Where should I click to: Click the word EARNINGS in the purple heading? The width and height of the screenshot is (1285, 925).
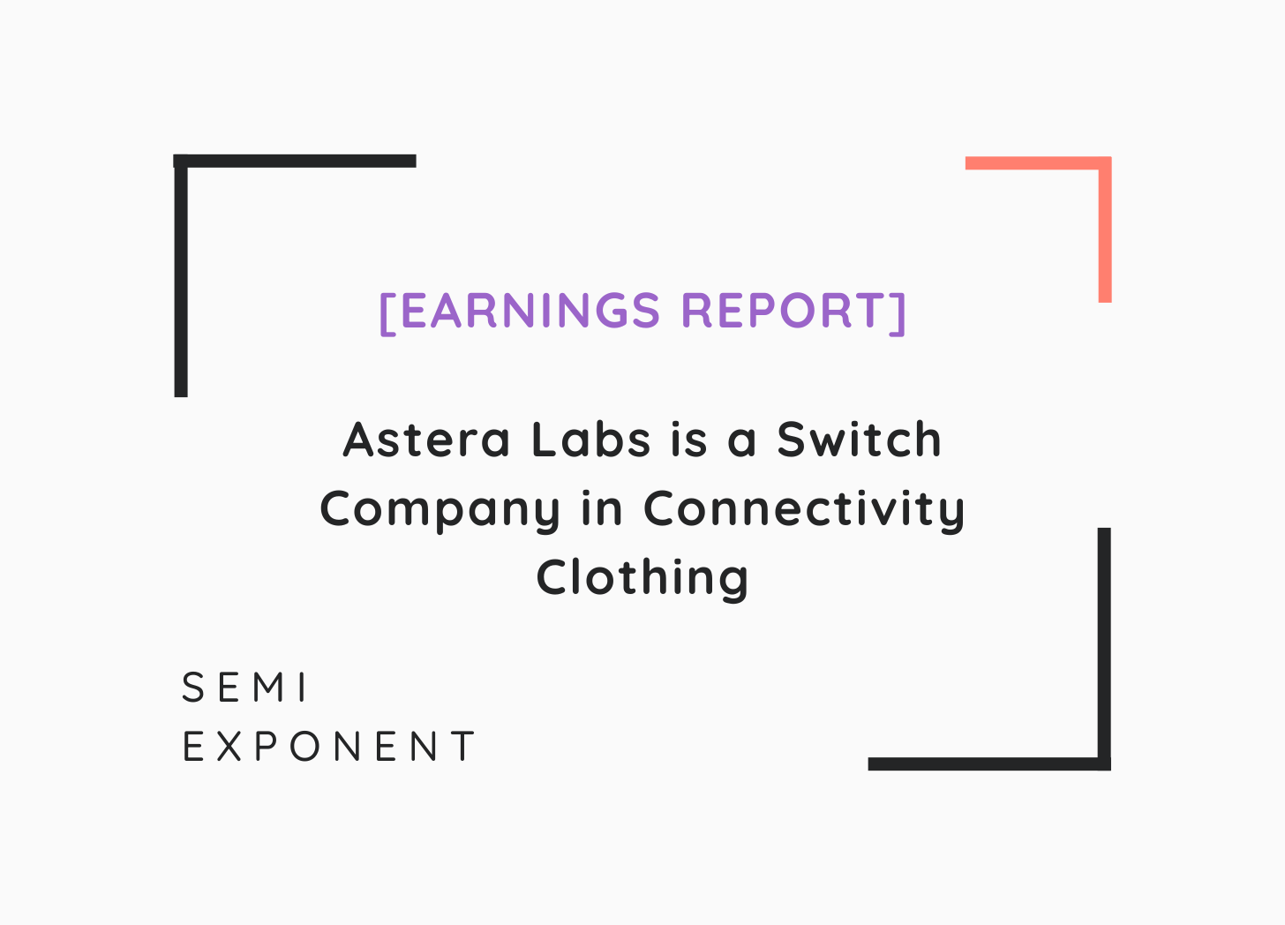point(531,311)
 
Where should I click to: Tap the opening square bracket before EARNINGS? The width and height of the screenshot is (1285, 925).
point(387,313)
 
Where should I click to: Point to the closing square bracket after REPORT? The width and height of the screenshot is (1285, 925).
point(898,313)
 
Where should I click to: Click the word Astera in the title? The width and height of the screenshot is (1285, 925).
point(426,440)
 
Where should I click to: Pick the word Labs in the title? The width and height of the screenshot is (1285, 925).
point(591,439)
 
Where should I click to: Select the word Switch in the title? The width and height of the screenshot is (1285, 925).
point(859,439)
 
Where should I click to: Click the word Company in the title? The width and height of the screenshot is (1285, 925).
point(440,511)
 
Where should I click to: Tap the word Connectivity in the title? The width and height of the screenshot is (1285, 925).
point(804,511)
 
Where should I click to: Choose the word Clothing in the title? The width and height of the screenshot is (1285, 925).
point(642,580)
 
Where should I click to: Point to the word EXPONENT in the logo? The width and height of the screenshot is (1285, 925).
point(328,746)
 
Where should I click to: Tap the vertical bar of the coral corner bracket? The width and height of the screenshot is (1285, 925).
point(1105,229)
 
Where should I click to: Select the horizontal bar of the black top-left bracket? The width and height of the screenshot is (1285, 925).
point(295,161)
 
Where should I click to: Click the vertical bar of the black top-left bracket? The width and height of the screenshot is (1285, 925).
point(181,275)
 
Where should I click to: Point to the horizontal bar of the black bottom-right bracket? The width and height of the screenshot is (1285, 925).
point(989,763)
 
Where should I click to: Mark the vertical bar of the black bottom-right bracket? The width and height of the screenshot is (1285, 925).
point(1104,649)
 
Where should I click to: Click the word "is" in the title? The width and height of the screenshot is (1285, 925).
point(689,440)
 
